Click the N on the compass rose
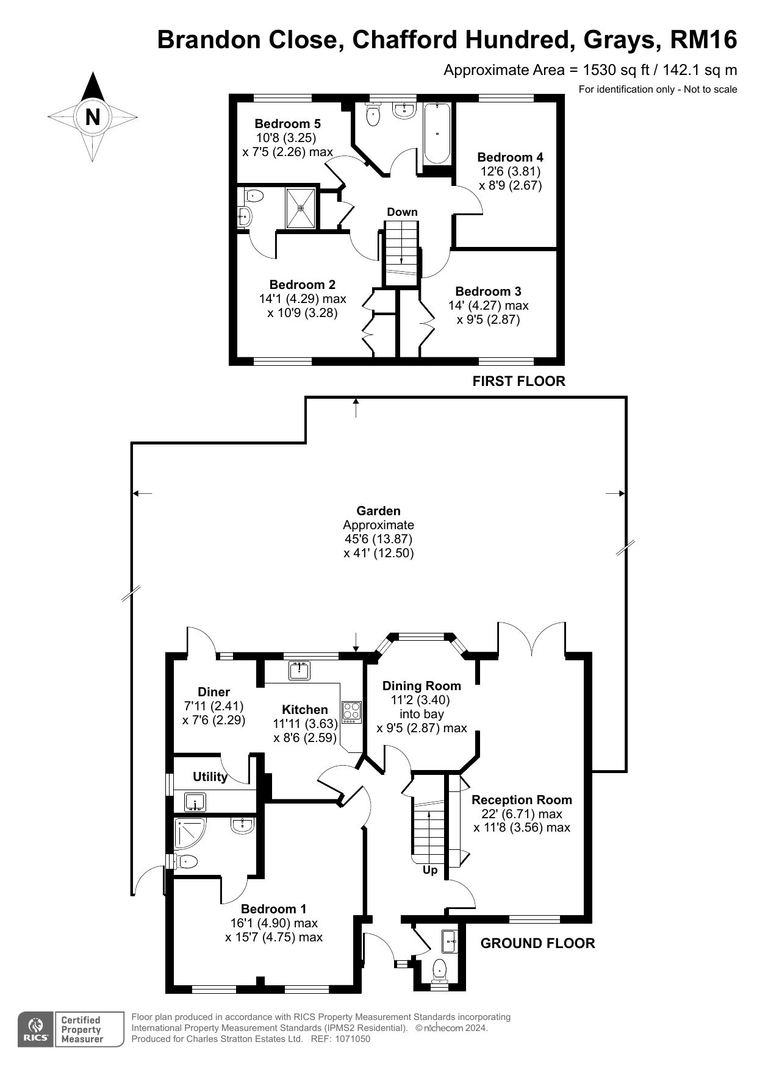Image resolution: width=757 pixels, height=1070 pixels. coord(93,116)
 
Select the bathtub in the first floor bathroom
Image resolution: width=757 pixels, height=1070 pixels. coord(437,134)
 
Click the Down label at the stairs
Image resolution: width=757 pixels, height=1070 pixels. coord(402,212)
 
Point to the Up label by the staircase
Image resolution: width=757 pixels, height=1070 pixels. coord(430,870)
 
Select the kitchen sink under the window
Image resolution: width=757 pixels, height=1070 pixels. coord(300,670)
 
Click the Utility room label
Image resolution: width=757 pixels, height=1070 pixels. coord(210,777)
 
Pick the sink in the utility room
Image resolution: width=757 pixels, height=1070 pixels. coord(195,802)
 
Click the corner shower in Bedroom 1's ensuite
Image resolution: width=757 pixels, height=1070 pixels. coord(190,833)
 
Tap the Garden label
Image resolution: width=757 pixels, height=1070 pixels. coord(379,511)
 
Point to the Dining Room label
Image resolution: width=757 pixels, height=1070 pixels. coord(422,686)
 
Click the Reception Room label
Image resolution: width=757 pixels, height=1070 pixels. coord(522,800)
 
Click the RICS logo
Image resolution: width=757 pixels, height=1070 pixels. coord(36,1029)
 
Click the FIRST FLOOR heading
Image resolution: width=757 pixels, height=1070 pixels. coord(519,381)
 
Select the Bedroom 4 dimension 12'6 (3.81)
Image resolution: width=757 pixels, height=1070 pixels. coord(509,171)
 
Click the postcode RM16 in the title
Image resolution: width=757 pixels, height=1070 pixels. coord(704,40)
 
